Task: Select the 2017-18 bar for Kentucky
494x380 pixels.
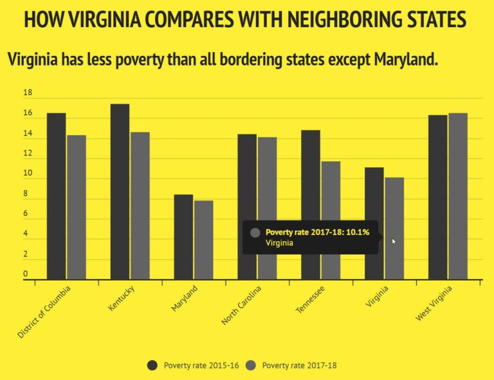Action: (x=140, y=206)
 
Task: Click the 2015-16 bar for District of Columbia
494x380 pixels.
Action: (x=56, y=196)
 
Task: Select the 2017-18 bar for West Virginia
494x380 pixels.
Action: (x=458, y=196)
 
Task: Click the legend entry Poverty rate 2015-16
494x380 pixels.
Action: (x=193, y=365)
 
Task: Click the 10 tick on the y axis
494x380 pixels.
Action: (x=28, y=174)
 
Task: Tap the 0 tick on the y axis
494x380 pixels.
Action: (x=26, y=275)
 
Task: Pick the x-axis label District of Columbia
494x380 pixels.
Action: (x=44, y=312)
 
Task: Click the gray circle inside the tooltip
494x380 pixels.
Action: (x=255, y=233)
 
